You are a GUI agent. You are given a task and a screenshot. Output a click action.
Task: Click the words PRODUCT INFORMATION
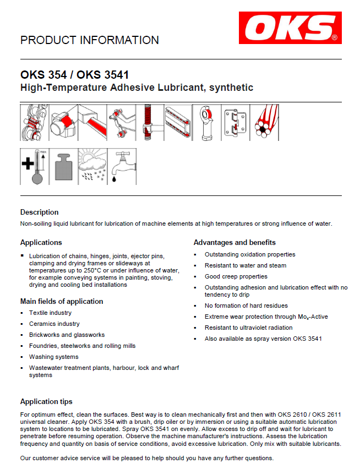(89, 40)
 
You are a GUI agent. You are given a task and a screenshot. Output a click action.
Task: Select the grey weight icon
(63, 166)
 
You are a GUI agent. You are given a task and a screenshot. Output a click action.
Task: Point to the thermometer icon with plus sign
(35, 166)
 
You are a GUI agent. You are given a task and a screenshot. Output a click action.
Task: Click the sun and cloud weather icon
(92, 166)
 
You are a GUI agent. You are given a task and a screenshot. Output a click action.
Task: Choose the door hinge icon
(237, 122)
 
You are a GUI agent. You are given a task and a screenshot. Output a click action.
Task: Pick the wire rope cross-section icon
(266, 122)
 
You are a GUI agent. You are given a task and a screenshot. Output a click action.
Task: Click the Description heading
(39, 212)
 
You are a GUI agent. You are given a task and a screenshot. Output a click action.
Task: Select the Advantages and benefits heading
(234, 242)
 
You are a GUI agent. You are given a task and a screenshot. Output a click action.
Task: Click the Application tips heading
(46, 401)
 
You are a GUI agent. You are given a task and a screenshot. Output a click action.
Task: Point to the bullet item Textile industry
(50, 313)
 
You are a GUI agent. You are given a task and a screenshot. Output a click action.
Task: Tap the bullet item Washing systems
(53, 357)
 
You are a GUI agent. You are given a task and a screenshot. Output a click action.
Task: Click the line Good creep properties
(236, 276)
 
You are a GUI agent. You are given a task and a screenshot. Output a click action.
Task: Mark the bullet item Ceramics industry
(54, 324)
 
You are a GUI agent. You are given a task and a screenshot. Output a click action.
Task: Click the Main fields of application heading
(62, 301)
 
